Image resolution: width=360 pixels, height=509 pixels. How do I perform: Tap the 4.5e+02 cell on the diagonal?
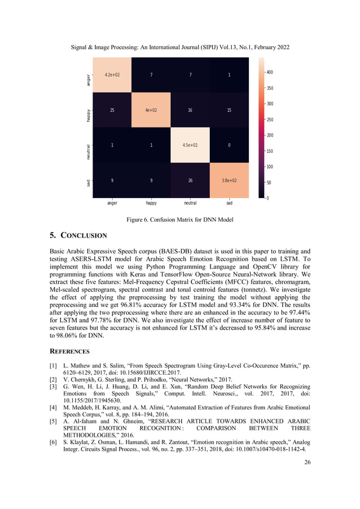pyautogui.click(x=190, y=146)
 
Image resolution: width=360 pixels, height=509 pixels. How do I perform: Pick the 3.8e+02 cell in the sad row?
pyautogui.click(x=229, y=181)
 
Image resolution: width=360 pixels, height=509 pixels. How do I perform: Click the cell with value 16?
pyautogui.click(x=190, y=110)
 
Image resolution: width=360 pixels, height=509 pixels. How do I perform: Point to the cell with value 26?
pyautogui.click(x=190, y=181)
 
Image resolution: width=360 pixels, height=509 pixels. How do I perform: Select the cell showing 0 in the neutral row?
pyautogui.click(x=229, y=146)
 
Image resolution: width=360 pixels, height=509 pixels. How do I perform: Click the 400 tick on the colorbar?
pyautogui.click(x=270, y=72)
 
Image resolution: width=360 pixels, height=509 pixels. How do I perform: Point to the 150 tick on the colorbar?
pyautogui.click(x=270, y=151)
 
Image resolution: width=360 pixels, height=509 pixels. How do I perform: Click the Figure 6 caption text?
pyautogui.click(x=180, y=218)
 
